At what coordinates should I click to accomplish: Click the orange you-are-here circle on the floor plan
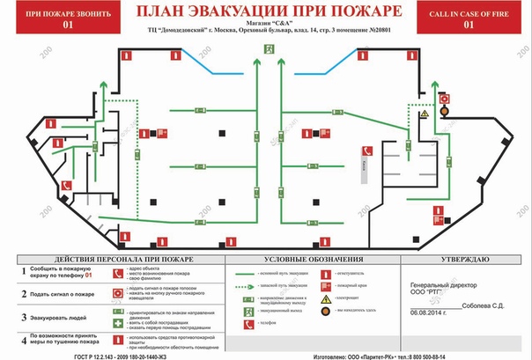click(444, 112)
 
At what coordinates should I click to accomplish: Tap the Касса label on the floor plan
click(363, 165)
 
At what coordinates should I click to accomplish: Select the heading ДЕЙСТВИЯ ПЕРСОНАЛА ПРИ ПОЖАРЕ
click(112, 260)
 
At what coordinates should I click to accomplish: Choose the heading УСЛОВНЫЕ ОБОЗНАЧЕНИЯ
click(314, 260)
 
